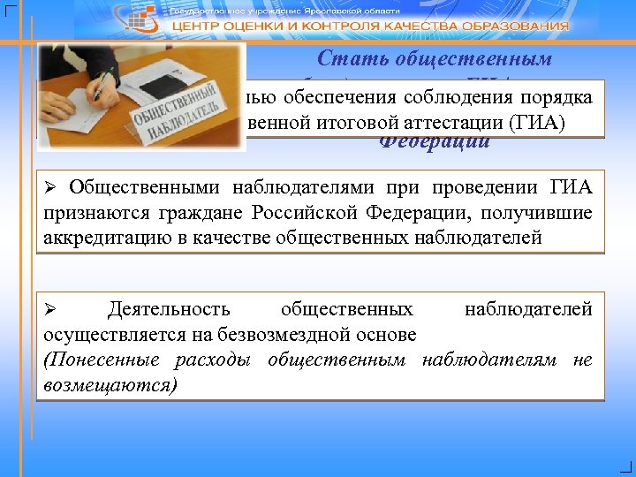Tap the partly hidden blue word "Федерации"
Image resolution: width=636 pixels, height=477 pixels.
(435, 142)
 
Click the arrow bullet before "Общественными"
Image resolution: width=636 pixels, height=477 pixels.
(51, 188)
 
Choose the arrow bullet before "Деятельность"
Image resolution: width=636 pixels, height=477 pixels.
(51, 310)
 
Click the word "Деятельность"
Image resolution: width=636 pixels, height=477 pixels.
(169, 309)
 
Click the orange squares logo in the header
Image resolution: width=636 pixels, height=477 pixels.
(148, 17)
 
